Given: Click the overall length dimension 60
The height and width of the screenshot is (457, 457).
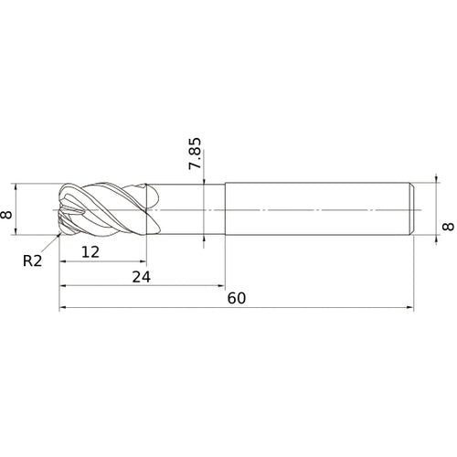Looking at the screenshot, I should point(236,299).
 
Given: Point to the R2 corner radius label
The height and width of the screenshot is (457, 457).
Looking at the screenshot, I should point(33,260).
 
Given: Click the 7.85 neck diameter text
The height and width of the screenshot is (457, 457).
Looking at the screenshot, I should point(194,154).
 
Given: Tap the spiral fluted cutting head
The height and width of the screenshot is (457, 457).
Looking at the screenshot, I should point(105,210).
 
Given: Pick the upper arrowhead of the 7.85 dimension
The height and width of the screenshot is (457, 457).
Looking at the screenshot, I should point(204,182).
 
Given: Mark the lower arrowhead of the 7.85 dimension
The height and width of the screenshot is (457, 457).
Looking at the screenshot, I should point(204,239).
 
